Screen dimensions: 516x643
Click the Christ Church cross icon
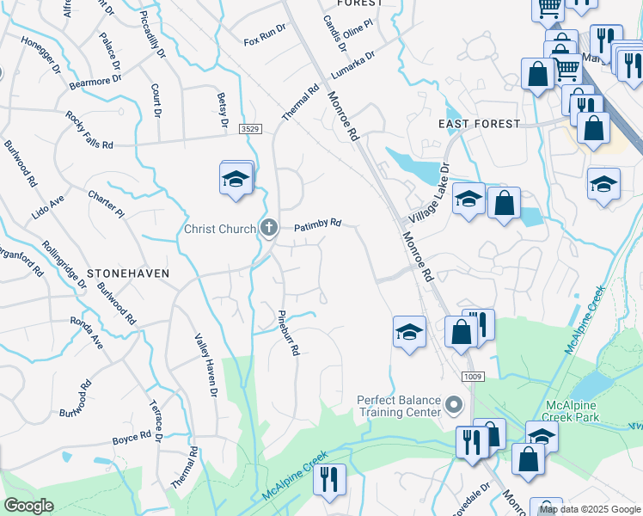click(269, 229)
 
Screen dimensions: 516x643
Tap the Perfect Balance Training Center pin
click(455, 403)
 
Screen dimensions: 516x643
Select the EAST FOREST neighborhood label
click(479, 124)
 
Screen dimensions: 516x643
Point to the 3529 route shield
click(250, 128)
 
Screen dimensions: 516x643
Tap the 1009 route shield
click(471, 376)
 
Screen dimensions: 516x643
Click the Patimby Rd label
click(318, 226)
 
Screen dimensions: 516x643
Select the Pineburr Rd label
click(287, 335)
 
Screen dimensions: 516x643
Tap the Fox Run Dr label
click(264, 40)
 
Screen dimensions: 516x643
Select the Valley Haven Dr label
click(206, 365)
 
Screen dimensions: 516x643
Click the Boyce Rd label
click(132, 439)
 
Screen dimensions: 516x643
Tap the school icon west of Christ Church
click(236, 180)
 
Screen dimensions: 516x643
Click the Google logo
click(29, 505)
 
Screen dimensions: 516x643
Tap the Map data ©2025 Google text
click(590, 509)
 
